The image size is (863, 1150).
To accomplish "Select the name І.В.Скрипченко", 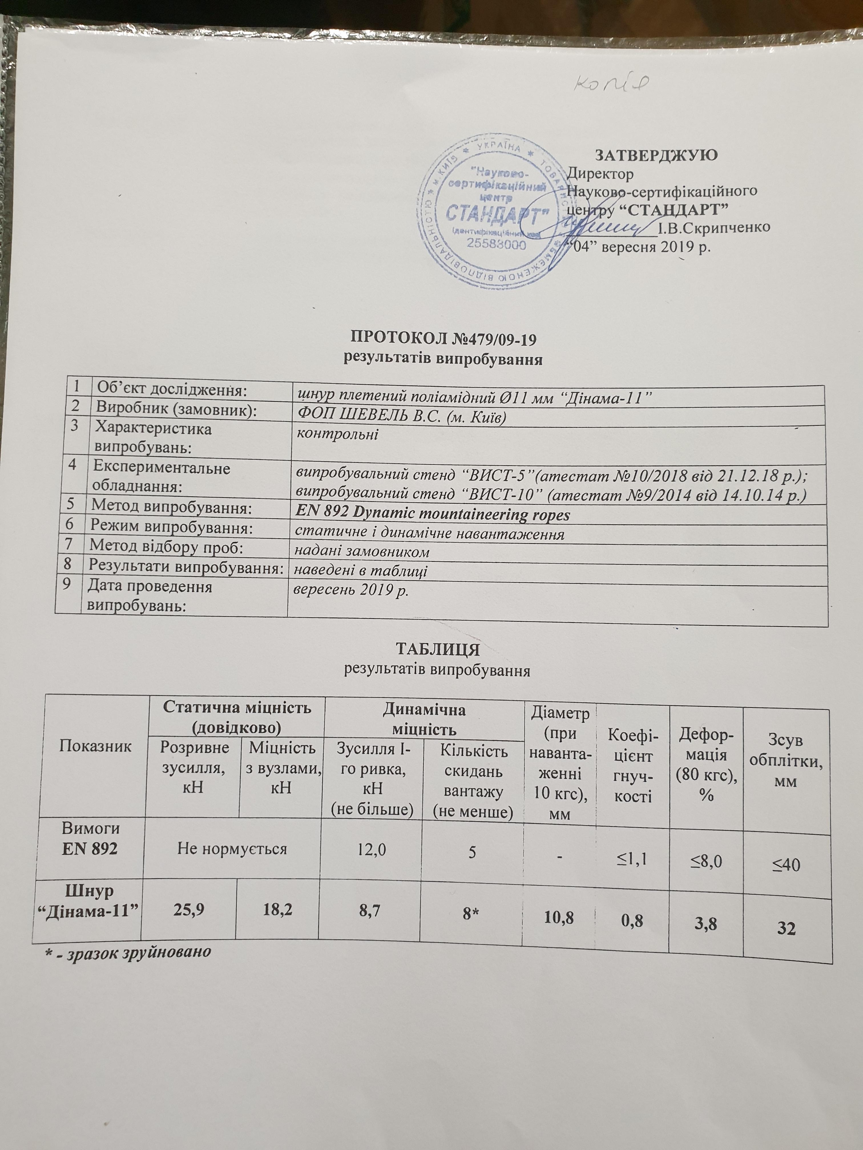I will pyautogui.click(x=714, y=228).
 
